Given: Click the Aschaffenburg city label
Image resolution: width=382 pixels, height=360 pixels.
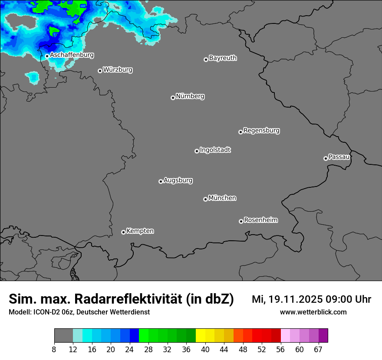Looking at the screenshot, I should (x=72, y=55).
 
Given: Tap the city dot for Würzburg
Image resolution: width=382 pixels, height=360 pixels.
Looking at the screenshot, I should (x=100, y=71).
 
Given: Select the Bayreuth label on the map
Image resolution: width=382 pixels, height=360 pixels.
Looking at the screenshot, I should (x=223, y=58).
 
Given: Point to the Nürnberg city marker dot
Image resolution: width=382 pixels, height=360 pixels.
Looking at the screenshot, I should (x=173, y=98).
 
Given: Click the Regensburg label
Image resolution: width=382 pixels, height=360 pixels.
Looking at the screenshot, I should (x=261, y=130).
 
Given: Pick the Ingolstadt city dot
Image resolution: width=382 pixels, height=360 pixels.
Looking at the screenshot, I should (x=197, y=151).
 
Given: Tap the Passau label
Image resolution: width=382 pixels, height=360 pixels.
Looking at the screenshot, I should (x=339, y=157).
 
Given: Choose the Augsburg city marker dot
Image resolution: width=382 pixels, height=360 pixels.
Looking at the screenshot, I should (x=161, y=181).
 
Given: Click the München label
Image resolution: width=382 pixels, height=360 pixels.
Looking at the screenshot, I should (x=222, y=198).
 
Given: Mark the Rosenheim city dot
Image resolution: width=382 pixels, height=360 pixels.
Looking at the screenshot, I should (x=241, y=222).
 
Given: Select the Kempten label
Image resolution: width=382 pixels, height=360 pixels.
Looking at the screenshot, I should (x=140, y=231).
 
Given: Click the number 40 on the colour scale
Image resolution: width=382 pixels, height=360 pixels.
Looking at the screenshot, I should (x=205, y=350).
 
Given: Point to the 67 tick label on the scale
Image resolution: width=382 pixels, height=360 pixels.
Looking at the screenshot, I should (x=318, y=350).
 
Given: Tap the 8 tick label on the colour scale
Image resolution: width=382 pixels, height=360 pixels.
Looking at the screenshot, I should (x=54, y=350).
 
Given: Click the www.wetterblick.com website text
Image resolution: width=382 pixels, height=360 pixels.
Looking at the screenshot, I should (x=313, y=312).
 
